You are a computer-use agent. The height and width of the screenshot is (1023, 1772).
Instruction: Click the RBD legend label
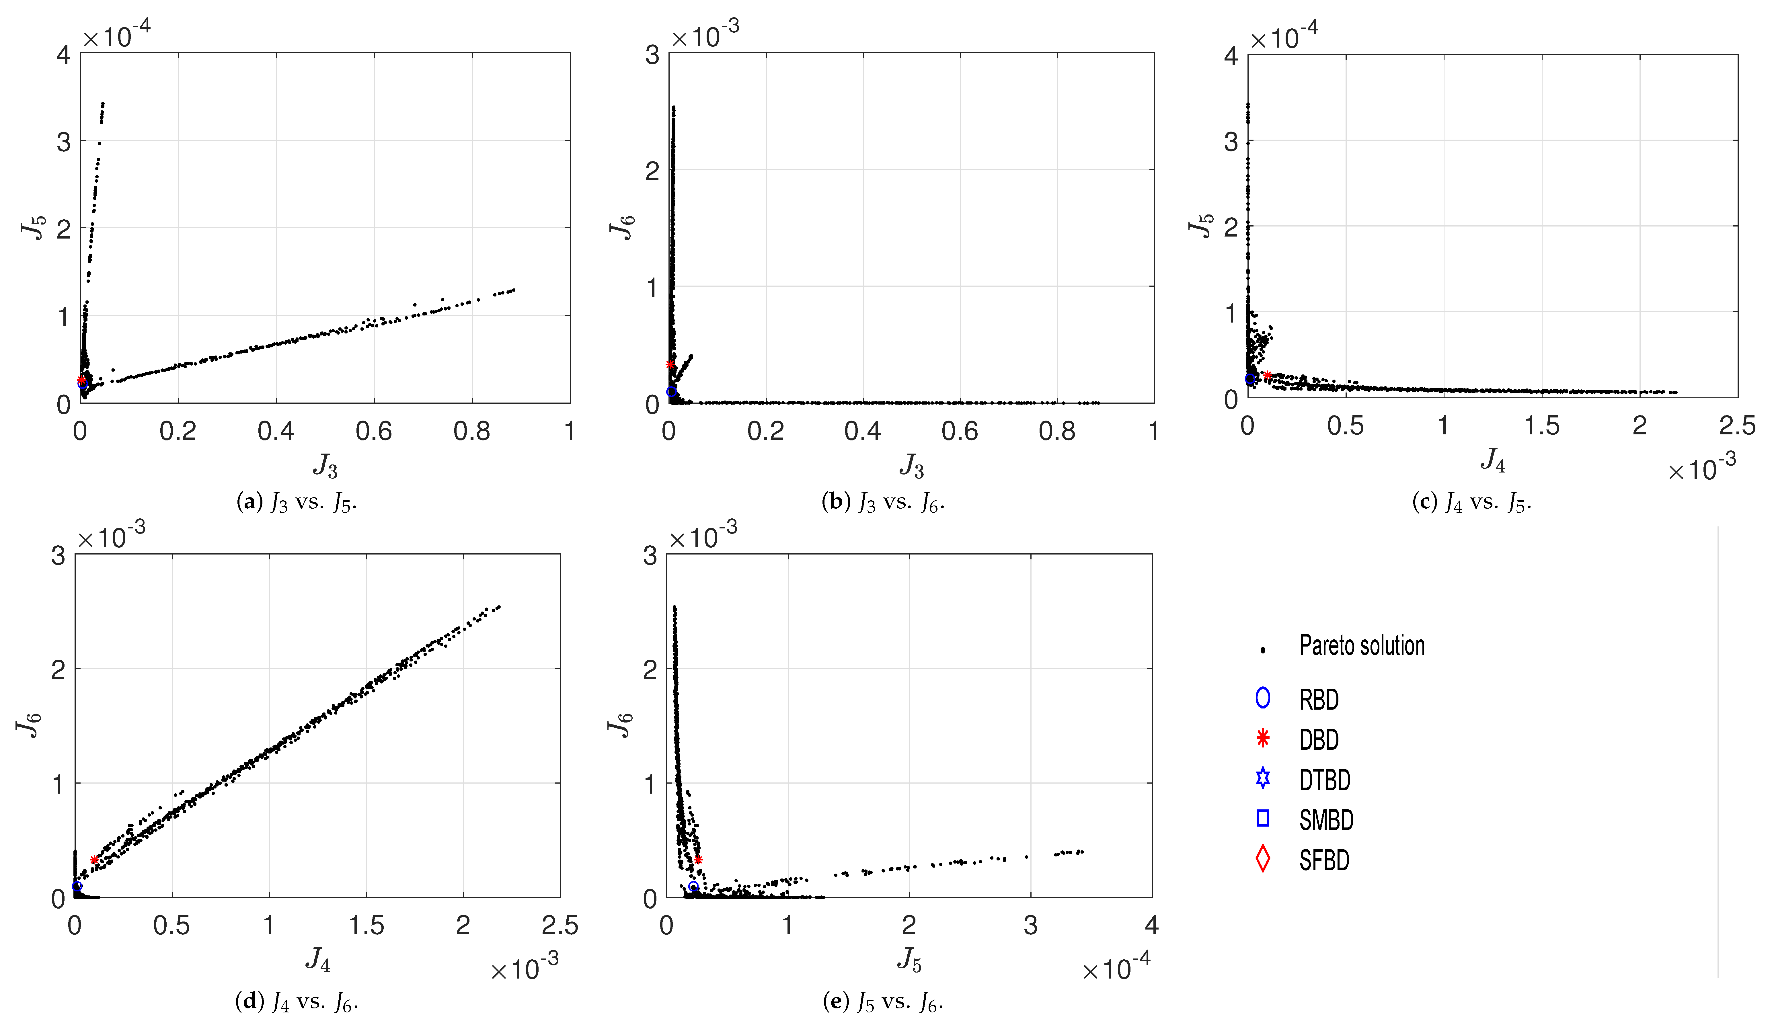1318,700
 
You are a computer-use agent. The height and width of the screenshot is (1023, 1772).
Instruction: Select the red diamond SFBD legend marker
1263,859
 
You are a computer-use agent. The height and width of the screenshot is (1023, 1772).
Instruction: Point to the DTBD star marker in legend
1263,778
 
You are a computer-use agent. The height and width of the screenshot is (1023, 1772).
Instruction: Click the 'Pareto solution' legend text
1361,646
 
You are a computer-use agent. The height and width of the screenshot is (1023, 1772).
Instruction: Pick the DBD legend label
1318,740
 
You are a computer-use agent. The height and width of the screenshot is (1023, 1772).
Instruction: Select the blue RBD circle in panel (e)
693,887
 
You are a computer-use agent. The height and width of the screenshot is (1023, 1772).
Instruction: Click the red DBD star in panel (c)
1268,376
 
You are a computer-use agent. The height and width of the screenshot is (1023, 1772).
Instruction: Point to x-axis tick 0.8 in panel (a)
471,431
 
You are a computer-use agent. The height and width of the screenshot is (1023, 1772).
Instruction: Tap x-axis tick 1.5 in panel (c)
1541,426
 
